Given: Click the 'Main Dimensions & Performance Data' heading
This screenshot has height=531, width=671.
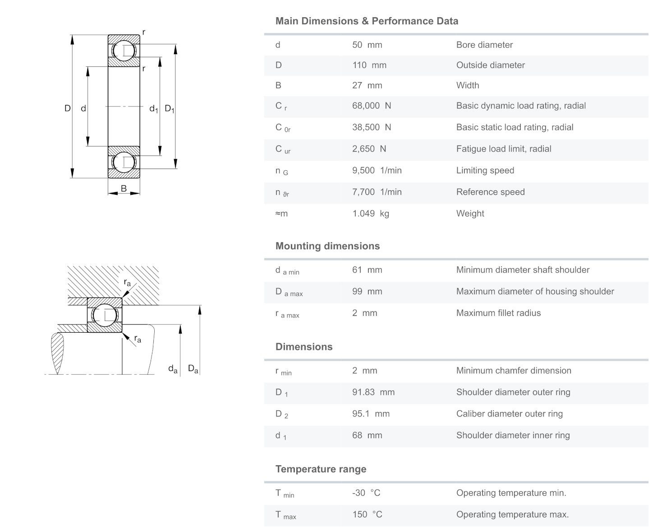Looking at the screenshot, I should pos(367,21).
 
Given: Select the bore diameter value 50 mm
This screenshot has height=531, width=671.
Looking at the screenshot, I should pos(367,45).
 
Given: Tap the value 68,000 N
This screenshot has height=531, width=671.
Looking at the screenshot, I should pos(372,106).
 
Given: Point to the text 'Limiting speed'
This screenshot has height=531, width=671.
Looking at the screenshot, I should pos(485,170).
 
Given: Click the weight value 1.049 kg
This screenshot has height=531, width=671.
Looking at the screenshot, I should pos(371,214).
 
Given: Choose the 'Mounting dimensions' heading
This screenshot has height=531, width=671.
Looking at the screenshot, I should pos(327,246).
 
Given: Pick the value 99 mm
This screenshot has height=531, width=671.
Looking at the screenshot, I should pos(367,292).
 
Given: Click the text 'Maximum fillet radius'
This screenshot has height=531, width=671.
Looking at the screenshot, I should pos(498,313).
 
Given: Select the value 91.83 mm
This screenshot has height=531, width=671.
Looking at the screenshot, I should pos(373,392).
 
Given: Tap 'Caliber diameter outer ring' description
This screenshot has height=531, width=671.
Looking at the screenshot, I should pos(509,414).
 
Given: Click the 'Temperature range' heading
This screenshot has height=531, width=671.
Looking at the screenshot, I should pos(321,469).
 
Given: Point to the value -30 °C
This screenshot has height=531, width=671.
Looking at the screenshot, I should pos(366,493).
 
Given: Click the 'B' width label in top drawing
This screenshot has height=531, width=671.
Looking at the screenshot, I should pos(124,189).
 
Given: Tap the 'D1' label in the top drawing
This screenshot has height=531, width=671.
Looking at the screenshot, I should pos(170,109).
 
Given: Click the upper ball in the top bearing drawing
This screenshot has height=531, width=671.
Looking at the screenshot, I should pos(124,50).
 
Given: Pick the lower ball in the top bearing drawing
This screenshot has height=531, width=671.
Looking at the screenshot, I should pos(124,162).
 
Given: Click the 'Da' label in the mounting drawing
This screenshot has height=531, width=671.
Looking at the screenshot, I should pos(193,369).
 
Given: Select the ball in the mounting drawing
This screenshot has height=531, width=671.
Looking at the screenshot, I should pos(105,315).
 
